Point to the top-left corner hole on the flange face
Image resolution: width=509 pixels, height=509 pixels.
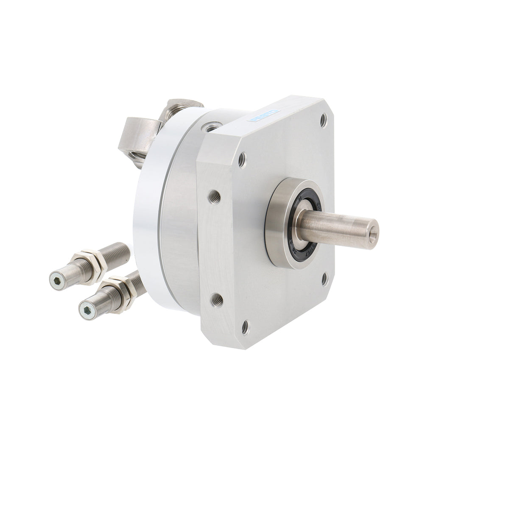(x=243, y=160)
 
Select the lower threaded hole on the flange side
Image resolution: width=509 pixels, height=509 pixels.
(x=215, y=298)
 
